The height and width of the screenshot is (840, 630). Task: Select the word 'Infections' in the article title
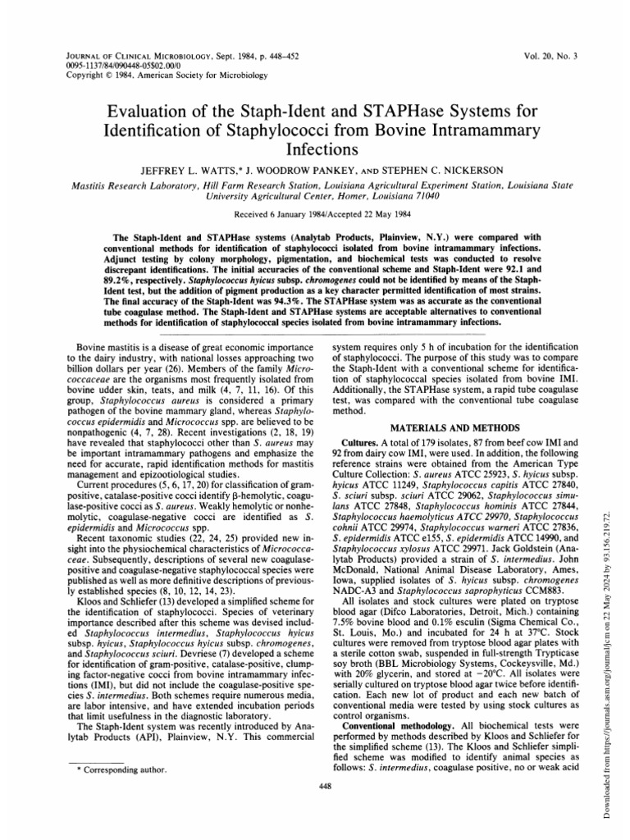(x=315, y=150)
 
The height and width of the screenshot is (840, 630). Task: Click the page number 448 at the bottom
(x=314, y=807)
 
